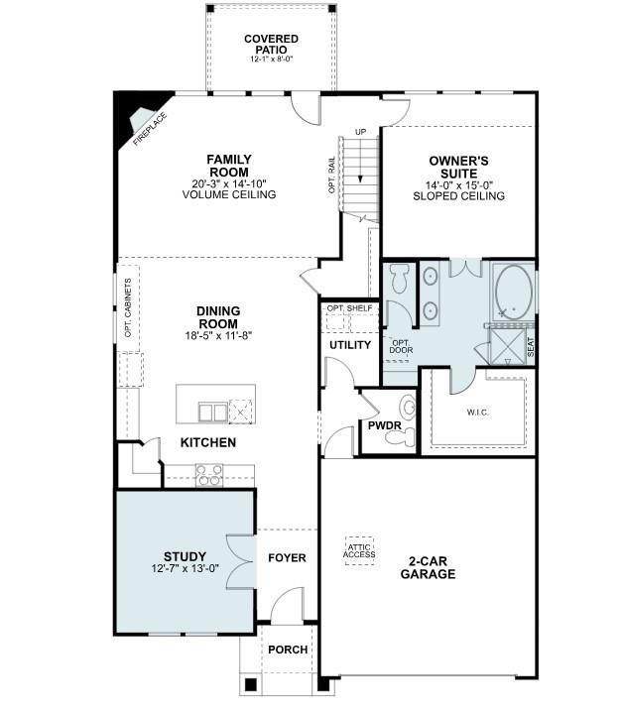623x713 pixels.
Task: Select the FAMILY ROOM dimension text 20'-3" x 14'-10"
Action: [228, 182]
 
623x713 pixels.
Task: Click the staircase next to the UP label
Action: [361, 174]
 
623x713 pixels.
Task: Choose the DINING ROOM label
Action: [217, 317]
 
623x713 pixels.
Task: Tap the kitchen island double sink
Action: [211, 411]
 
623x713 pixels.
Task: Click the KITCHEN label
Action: [207, 442]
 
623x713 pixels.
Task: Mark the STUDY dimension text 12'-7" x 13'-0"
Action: [185, 568]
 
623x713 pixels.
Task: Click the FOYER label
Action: [287, 558]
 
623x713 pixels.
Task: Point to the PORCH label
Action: [288, 651]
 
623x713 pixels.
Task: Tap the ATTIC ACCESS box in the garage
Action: [360, 549]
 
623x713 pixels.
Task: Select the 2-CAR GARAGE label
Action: [430, 566]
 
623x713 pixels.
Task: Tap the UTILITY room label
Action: [350, 345]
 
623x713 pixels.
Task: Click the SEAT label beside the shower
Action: [531, 346]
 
